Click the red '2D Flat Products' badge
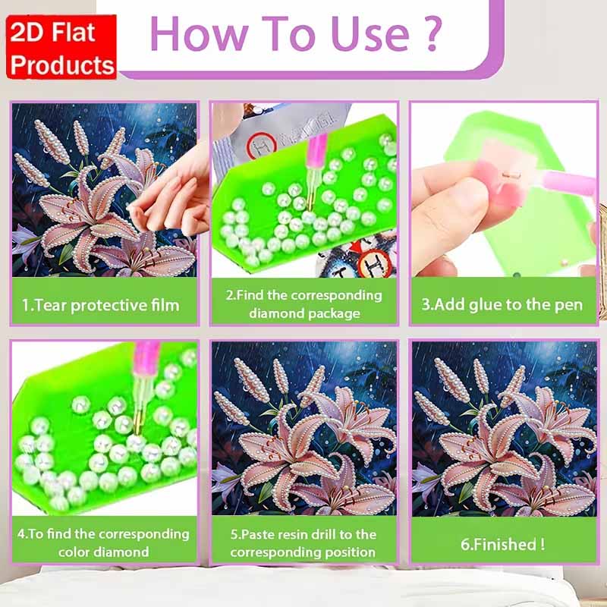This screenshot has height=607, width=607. click(x=63, y=47)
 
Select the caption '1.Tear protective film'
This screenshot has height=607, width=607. click(x=100, y=306)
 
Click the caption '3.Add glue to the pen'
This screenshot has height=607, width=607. click(x=502, y=305)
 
